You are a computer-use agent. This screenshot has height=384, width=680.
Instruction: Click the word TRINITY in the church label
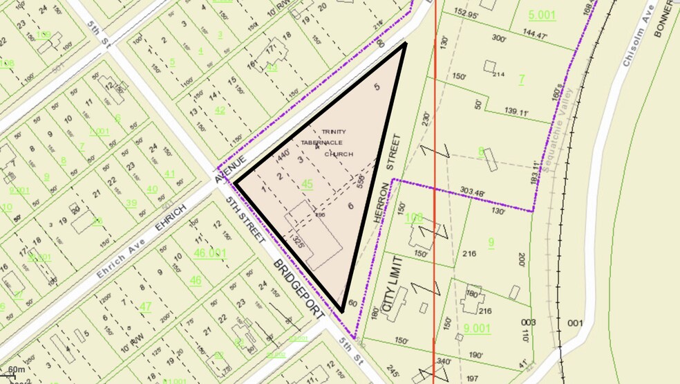click(x=334, y=131)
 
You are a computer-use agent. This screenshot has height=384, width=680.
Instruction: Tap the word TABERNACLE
click(x=321, y=143)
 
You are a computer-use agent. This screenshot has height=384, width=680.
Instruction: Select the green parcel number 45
click(x=308, y=184)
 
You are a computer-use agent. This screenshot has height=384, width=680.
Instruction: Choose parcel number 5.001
click(x=541, y=15)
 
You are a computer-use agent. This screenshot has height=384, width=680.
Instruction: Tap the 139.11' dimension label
click(x=502, y=111)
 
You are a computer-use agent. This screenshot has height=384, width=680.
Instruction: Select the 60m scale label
click(x=16, y=371)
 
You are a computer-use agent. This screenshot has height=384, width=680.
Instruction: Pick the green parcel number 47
click(x=146, y=307)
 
